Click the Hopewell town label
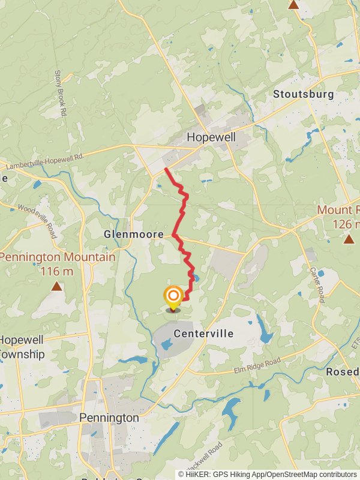[x=211, y=137]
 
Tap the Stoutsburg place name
[x=303, y=94]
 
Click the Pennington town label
[x=109, y=417]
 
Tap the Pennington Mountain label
[x=58, y=257]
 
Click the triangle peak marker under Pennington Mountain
[x=56, y=286]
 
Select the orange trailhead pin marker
[x=173, y=296]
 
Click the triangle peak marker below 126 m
[x=349, y=239]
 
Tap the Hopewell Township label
[x=22, y=347]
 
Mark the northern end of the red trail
[x=166, y=170]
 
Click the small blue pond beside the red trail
[x=196, y=278]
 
